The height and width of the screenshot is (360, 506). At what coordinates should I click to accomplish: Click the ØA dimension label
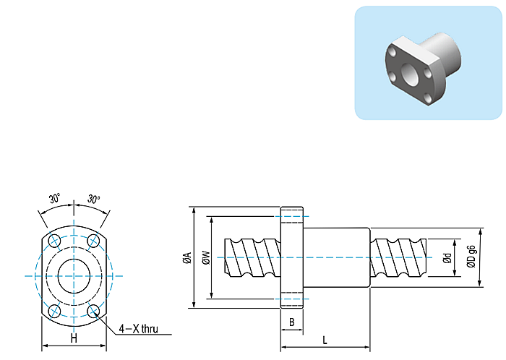click(187, 258)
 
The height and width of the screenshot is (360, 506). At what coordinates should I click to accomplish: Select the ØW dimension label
click(206, 258)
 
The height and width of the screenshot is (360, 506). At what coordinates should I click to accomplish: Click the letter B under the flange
click(292, 322)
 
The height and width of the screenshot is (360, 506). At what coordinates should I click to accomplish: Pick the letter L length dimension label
click(325, 340)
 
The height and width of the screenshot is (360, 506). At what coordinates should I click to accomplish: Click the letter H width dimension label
click(74, 338)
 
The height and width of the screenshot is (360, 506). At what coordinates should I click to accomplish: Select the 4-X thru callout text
click(139, 329)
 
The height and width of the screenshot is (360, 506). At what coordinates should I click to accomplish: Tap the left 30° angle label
click(54, 198)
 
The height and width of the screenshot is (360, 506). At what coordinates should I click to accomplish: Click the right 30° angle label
click(93, 199)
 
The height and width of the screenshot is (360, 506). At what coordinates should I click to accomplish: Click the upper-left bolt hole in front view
click(54, 241)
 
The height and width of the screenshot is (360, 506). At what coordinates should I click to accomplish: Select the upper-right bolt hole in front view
click(93, 241)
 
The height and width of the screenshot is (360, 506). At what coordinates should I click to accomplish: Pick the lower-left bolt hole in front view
click(54, 312)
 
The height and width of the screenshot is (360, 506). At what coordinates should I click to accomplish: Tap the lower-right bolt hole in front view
click(93, 312)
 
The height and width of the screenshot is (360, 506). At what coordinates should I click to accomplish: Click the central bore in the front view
click(74, 276)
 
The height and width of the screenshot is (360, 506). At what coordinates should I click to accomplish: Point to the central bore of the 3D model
click(410, 74)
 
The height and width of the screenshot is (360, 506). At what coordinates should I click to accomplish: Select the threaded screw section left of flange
click(252, 258)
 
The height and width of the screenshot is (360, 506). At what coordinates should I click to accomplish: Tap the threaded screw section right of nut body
click(398, 258)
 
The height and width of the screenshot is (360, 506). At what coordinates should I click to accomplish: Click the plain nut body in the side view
click(337, 257)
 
